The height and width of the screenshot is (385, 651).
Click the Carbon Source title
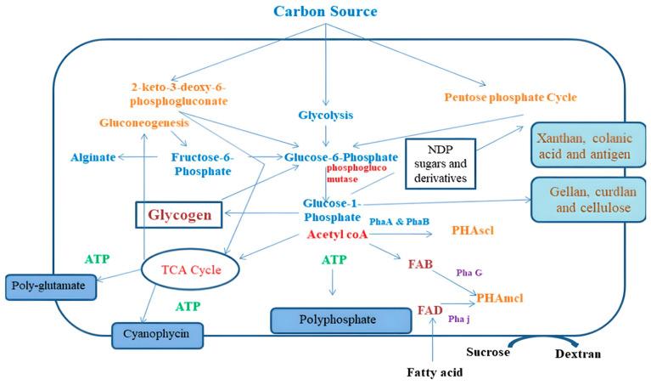point(325,12)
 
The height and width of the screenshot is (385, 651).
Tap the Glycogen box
point(180,214)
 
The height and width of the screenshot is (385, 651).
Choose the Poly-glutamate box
point(50,286)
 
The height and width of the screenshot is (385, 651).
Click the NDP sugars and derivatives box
point(440,161)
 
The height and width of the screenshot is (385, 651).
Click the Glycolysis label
point(326,115)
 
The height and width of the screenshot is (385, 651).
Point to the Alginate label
point(92,157)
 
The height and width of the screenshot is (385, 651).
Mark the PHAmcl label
point(499,298)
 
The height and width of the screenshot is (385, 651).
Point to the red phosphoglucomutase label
point(351,174)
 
